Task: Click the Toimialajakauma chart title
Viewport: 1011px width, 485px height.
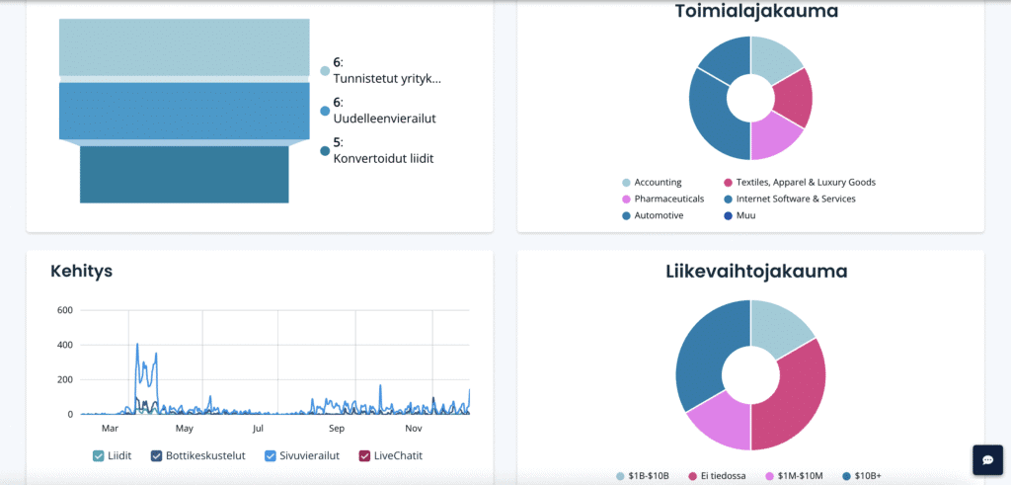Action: point(750,12)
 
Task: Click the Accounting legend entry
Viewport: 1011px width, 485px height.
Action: point(658,183)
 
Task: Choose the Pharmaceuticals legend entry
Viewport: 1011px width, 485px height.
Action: point(668,199)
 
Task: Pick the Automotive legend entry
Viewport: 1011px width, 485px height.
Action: point(659,215)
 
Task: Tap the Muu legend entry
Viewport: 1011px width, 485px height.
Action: point(745,215)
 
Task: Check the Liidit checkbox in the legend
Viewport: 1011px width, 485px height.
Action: point(99,455)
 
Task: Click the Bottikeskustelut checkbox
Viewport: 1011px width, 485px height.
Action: point(157,455)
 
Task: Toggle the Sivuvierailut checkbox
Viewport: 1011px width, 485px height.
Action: point(272,455)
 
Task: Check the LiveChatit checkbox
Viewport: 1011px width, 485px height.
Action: point(364,455)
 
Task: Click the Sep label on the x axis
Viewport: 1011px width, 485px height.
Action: point(337,429)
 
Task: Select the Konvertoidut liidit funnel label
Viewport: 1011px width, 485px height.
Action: point(383,158)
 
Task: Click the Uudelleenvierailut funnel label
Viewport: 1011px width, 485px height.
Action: point(384,118)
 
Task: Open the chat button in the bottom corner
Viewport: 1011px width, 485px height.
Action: point(987,459)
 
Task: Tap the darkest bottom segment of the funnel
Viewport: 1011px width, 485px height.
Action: point(184,174)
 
